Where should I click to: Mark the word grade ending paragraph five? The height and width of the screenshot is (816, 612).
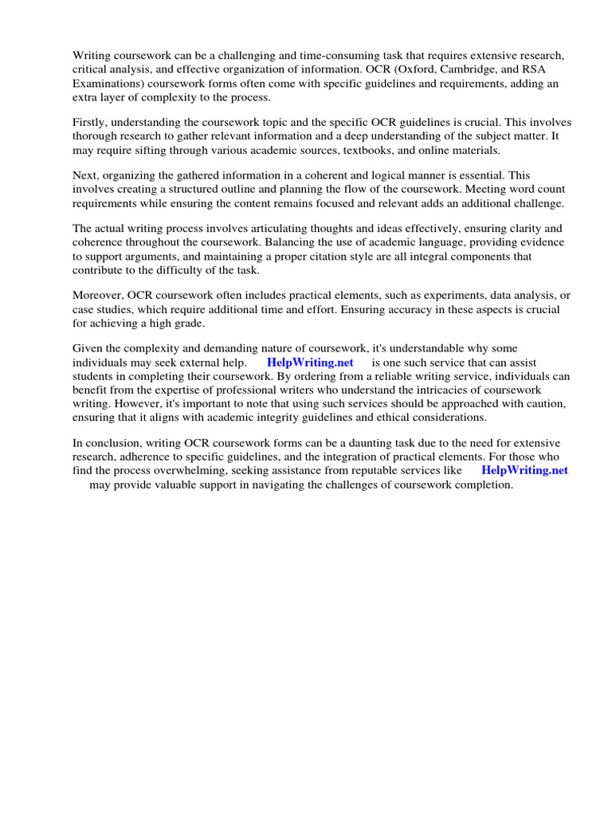(x=188, y=324)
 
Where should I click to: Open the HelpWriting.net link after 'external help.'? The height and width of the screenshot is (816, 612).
(x=310, y=363)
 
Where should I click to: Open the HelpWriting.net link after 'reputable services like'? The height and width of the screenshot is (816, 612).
(x=524, y=470)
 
